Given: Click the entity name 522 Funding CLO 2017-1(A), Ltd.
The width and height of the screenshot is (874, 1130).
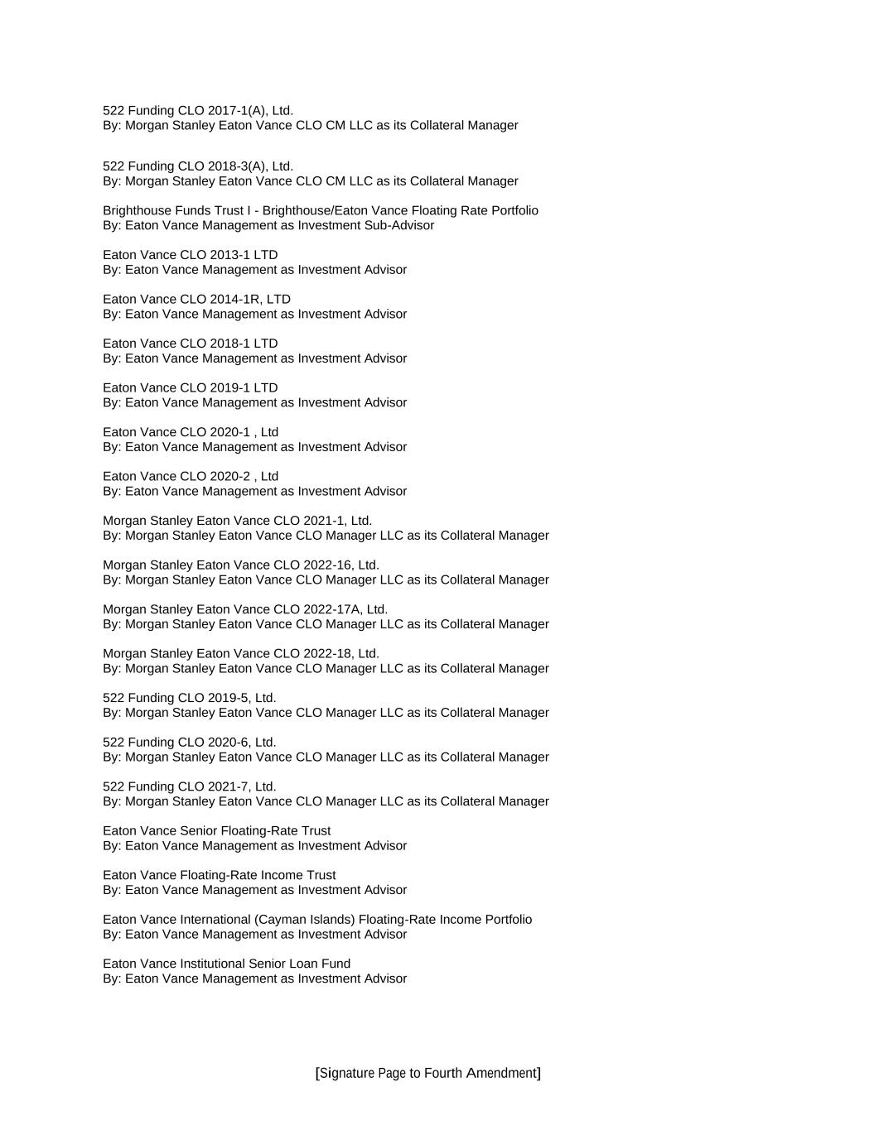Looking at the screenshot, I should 198,110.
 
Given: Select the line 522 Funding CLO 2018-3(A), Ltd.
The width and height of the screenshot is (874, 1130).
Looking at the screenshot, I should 198,166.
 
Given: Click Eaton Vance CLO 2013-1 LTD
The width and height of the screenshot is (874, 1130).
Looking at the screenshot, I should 191,255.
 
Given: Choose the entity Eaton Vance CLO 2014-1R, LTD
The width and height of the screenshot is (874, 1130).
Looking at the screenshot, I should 196,299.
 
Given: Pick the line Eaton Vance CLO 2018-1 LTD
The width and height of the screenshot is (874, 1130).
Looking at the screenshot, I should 191,344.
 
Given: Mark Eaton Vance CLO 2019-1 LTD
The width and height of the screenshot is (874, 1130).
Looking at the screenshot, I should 191,387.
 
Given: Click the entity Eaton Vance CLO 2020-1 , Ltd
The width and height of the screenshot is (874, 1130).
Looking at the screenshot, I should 191,432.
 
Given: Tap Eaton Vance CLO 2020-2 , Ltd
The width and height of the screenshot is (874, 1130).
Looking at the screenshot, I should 191,476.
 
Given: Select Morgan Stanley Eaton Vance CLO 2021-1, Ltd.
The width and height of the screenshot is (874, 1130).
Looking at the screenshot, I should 238,521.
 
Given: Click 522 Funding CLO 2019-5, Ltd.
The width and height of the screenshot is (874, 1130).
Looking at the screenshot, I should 190,698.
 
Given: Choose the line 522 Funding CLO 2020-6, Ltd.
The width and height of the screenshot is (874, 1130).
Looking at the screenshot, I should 190,742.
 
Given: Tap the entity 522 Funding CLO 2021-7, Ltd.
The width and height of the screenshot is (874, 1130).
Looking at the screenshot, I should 190,786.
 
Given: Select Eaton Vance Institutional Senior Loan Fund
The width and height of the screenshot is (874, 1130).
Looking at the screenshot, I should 226,964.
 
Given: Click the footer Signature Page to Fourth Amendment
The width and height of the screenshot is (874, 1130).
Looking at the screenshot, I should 428,1073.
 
